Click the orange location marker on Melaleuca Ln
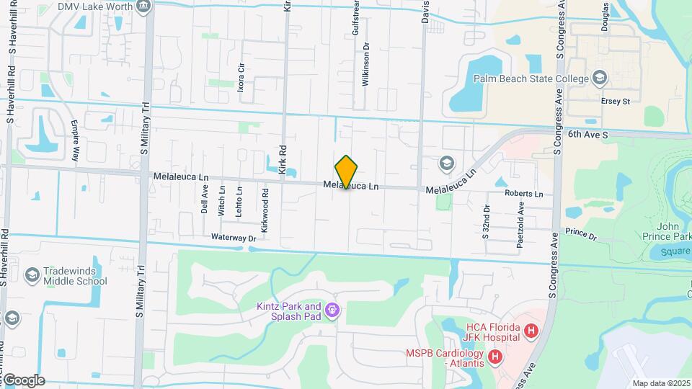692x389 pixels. point(346,171)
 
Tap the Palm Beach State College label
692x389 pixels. point(531,78)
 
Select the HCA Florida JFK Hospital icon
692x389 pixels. point(532,331)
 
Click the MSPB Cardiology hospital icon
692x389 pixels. point(495,356)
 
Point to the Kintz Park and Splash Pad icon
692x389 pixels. point(332,310)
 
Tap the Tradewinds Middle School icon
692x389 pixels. point(32,275)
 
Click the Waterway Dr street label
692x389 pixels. point(234,237)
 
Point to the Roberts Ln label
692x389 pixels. point(523,194)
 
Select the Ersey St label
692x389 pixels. point(615,102)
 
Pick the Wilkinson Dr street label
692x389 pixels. point(367,65)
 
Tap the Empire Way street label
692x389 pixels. point(76,140)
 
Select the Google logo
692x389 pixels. point(23,380)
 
